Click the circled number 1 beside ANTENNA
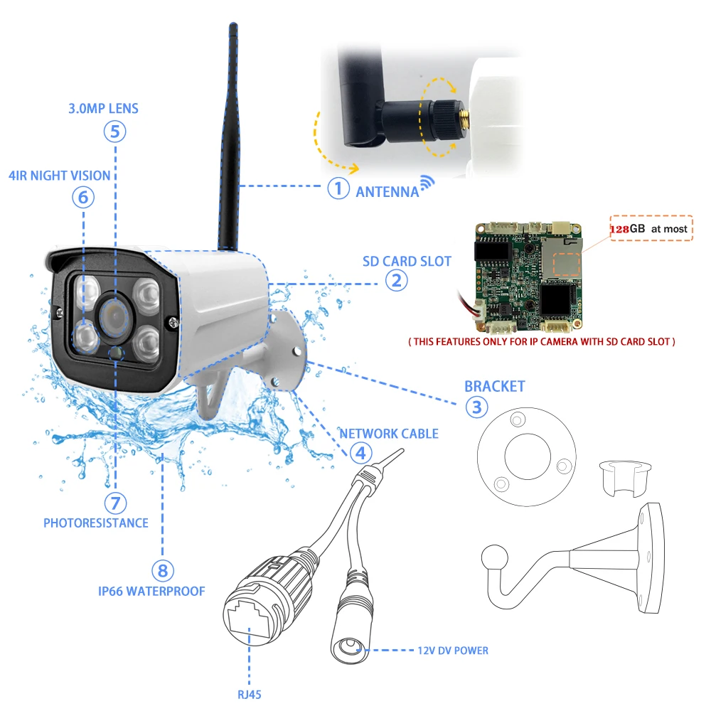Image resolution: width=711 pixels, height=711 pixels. point(339,188)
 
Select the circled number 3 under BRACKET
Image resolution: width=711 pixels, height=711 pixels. point(476,407)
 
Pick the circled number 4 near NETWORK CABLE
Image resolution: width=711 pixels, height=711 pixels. point(360,452)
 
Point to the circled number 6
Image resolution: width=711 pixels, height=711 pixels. point(83,196)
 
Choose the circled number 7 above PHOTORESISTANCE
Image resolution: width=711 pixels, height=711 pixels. point(114,503)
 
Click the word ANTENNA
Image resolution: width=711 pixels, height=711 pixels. point(387,191)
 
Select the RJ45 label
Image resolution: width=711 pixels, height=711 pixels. point(250,694)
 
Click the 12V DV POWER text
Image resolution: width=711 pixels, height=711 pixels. point(453,650)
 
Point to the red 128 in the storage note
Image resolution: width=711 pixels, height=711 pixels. point(619,229)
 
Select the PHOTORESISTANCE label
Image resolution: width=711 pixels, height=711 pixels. point(96,523)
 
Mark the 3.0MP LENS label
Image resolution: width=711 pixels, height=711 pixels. point(104,109)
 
